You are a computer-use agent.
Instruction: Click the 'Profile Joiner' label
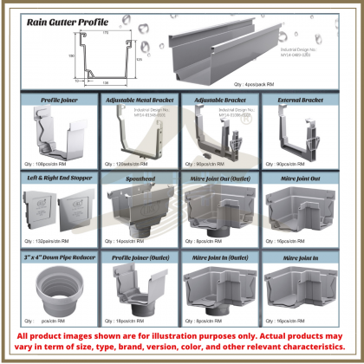(x=56, y=101)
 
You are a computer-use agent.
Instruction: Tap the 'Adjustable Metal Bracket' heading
(x=140, y=101)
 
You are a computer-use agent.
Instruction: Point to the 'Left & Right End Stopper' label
(x=56, y=179)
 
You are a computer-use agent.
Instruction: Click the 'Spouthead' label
(x=140, y=179)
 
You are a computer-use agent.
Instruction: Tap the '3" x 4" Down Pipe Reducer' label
(x=56, y=257)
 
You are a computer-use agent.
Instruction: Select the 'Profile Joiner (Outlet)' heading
(x=140, y=257)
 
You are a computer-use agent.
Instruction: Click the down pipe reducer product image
(x=56, y=290)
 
